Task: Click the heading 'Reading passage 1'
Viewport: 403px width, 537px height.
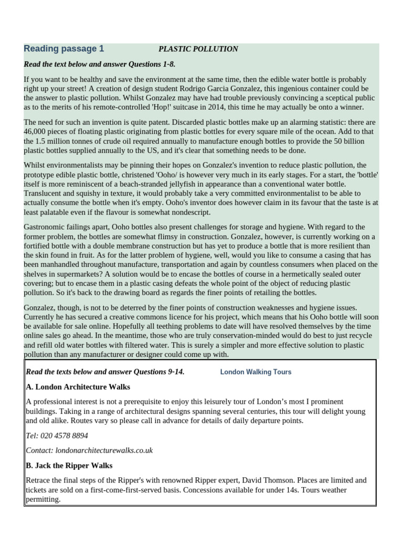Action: [63, 49]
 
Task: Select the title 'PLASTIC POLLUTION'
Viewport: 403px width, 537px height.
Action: [198, 49]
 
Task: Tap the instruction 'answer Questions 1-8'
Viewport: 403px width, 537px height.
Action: [143, 64]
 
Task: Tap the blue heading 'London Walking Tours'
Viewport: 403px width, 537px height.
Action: [256, 372]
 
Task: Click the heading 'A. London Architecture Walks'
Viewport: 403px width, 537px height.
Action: [78, 387]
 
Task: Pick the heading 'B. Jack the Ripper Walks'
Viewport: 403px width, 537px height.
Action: [69, 465]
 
